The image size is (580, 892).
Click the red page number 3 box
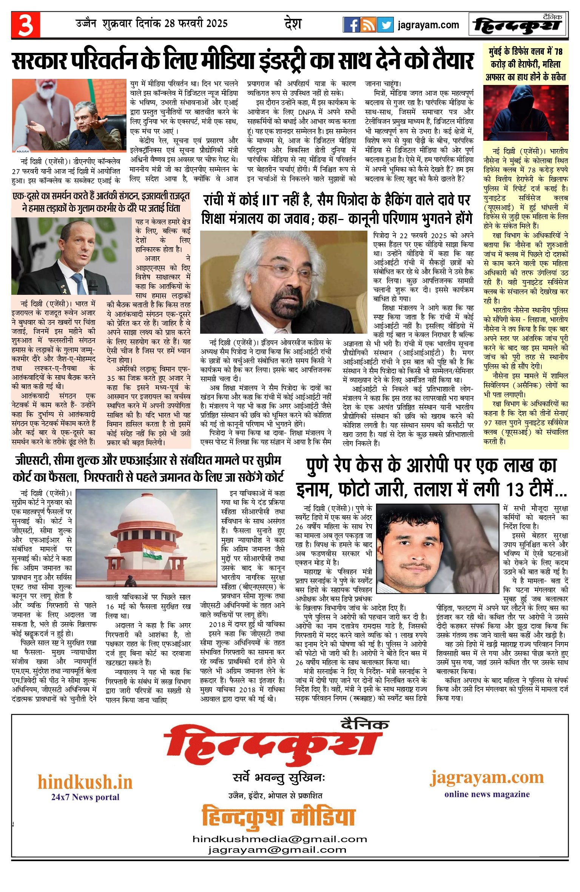(x=26, y=25)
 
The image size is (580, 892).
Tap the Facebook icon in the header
(x=351, y=25)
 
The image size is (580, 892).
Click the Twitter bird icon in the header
(x=385, y=25)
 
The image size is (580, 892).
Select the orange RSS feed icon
(x=368, y=25)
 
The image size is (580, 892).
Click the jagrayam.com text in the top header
(x=428, y=25)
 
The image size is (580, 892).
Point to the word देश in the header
(x=293, y=24)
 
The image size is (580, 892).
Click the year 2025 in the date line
(x=217, y=23)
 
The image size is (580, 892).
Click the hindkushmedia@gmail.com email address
(x=280, y=839)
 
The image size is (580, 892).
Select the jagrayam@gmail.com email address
(x=277, y=850)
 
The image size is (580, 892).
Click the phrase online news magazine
(x=487, y=794)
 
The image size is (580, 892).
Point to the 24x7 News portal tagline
(x=85, y=797)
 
